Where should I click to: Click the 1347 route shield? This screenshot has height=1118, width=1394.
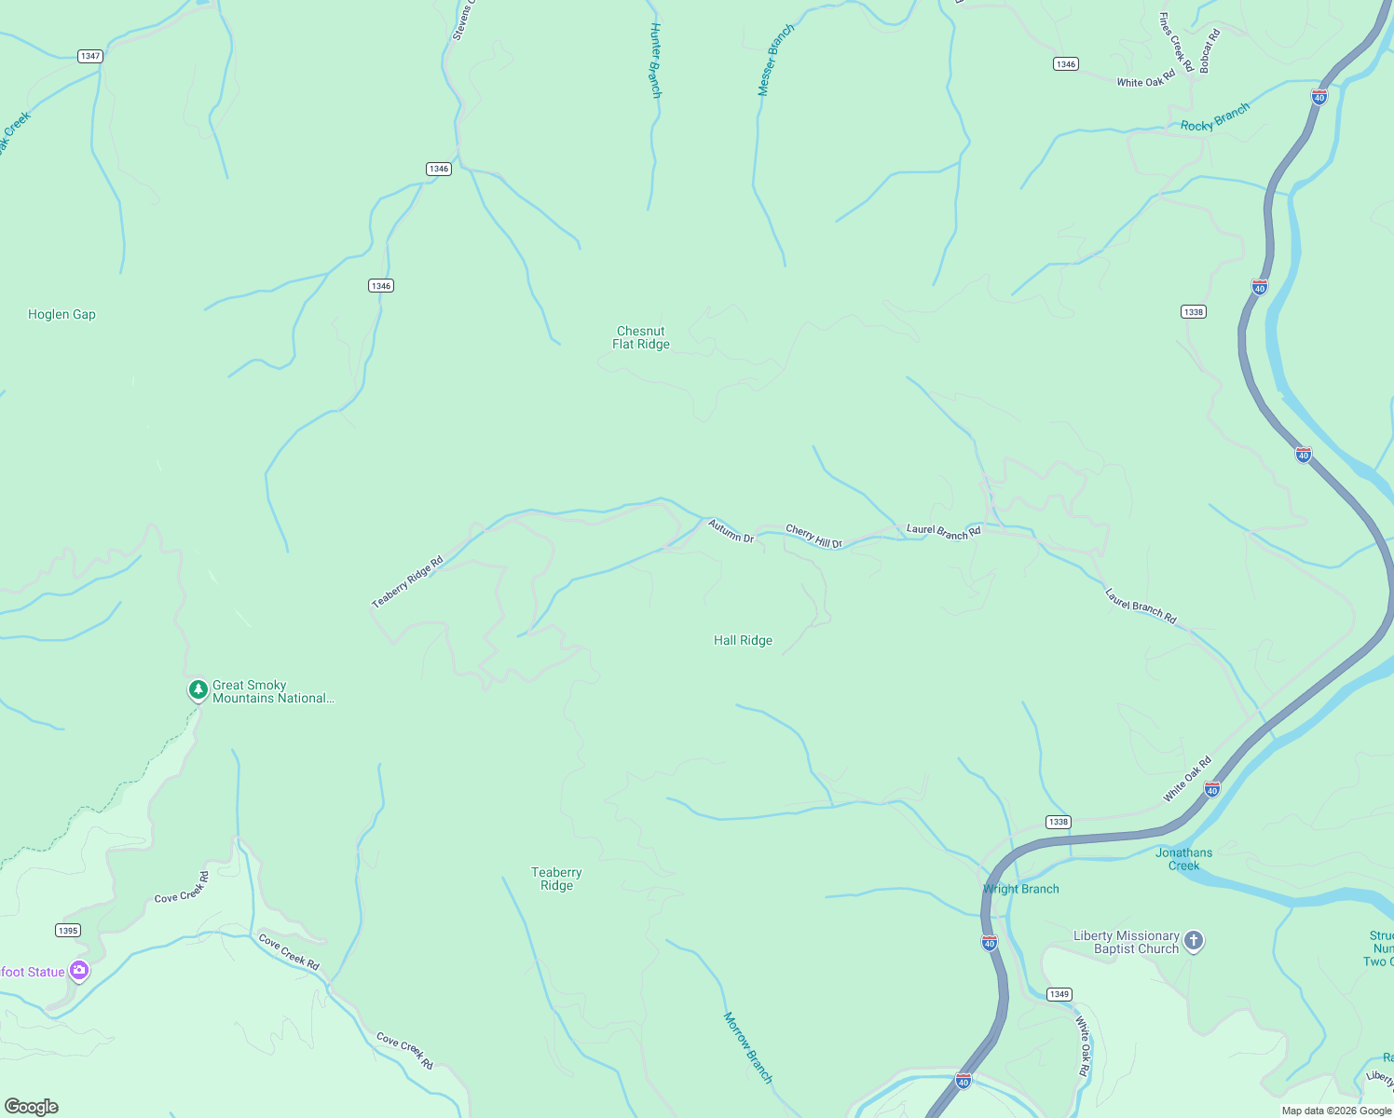point(90,56)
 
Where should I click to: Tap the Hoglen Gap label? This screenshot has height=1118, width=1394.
point(61,315)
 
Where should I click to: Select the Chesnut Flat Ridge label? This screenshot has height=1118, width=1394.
point(641,337)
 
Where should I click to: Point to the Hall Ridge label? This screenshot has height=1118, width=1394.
point(743,641)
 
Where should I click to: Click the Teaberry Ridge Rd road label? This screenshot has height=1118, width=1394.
point(407,582)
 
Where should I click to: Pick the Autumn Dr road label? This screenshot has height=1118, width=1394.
point(731,532)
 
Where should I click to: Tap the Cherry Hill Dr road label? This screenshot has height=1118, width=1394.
point(813,537)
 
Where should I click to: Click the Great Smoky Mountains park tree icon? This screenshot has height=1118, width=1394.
point(198,690)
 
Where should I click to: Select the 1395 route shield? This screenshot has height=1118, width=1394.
point(68,931)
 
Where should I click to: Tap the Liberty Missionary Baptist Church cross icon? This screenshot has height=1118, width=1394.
point(1194,941)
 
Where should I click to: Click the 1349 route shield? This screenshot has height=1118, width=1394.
point(1059,994)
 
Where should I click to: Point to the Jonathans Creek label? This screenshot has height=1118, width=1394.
point(1184,859)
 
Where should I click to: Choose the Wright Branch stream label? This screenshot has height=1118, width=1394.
point(1021,890)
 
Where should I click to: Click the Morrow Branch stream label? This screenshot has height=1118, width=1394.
point(748,1048)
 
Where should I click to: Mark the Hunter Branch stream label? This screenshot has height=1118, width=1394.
point(655,61)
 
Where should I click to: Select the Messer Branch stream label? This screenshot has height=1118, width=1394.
point(776,61)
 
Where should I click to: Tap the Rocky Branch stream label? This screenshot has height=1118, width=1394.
point(1215,118)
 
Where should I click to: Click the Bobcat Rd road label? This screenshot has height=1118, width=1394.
point(1209,52)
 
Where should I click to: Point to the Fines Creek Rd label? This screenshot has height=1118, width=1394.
point(1176,42)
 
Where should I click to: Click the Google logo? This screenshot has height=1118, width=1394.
point(32,1107)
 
